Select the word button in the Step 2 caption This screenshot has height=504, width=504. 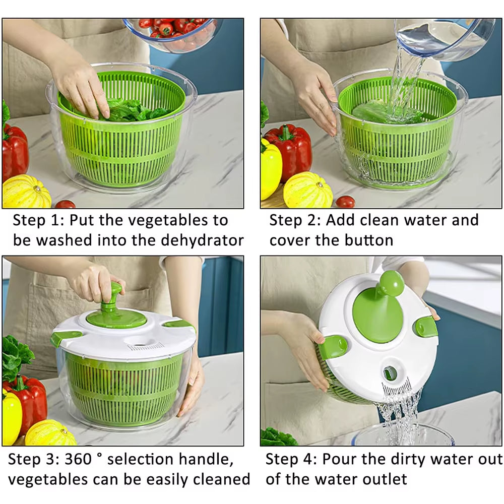point(368,240)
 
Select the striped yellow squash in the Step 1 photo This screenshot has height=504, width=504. point(26,192)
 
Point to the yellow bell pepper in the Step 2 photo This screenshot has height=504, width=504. point(271,169)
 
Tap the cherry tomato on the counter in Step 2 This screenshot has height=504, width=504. point(345,202)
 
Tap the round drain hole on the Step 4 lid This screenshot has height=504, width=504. point(390,373)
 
